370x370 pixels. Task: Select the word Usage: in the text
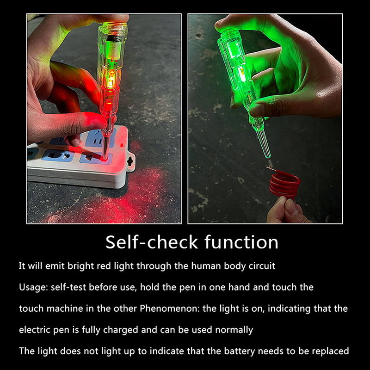[x=34, y=287]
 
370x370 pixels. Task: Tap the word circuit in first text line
[x=261, y=266]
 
